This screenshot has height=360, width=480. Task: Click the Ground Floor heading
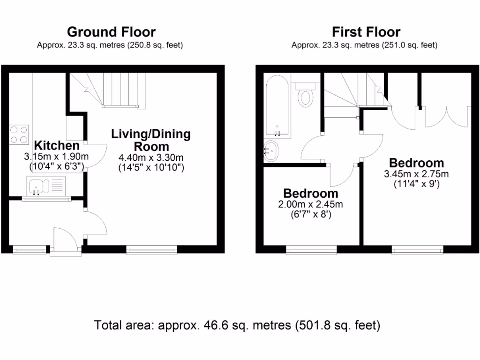point(111,32)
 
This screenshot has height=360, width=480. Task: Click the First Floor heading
point(366,32)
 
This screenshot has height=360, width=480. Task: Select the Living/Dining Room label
point(151,140)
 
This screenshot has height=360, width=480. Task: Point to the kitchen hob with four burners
point(18,133)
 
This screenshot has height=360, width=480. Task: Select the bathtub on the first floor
point(277,105)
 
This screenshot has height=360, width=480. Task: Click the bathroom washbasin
point(271,151)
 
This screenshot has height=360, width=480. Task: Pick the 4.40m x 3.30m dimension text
point(151,157)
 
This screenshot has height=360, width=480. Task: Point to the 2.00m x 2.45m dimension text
point(310,205)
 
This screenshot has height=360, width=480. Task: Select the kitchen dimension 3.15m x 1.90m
point(57,156)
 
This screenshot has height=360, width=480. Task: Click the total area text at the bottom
point(237,325)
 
